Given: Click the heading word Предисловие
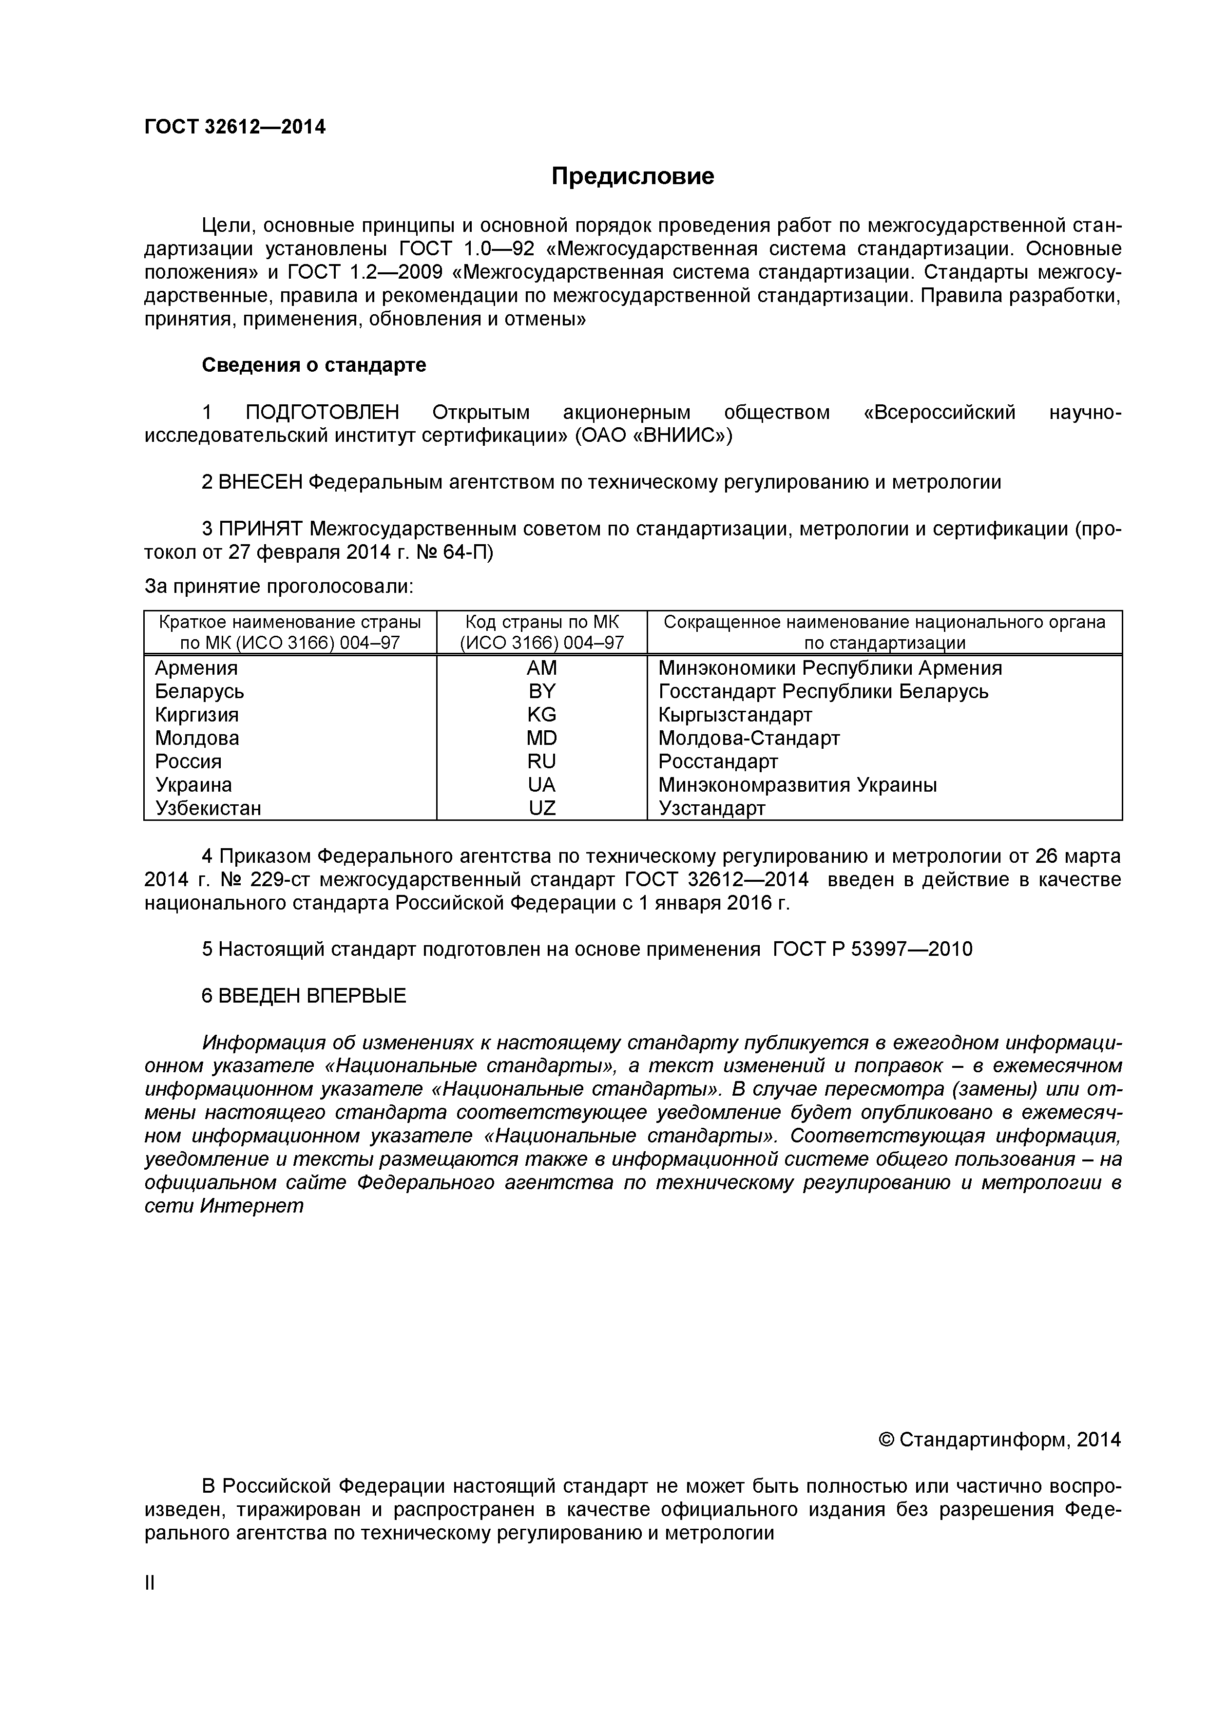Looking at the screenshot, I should click(632, 176).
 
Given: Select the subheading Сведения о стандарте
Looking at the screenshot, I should click(313, 365).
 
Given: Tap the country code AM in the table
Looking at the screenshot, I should click(541, 668).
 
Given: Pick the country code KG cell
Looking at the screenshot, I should click(541, 715).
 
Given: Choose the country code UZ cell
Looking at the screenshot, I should click(541, 808).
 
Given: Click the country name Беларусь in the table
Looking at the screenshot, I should click(199, 691).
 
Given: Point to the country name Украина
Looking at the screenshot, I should click(193, 785).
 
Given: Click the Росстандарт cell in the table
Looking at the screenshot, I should click(718, 761).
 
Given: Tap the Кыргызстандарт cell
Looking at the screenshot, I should click(735, 715).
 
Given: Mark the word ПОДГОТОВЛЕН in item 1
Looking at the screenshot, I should click(322, 412).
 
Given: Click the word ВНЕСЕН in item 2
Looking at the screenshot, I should click(261, 482).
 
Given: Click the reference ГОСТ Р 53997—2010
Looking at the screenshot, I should click(872, 949).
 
